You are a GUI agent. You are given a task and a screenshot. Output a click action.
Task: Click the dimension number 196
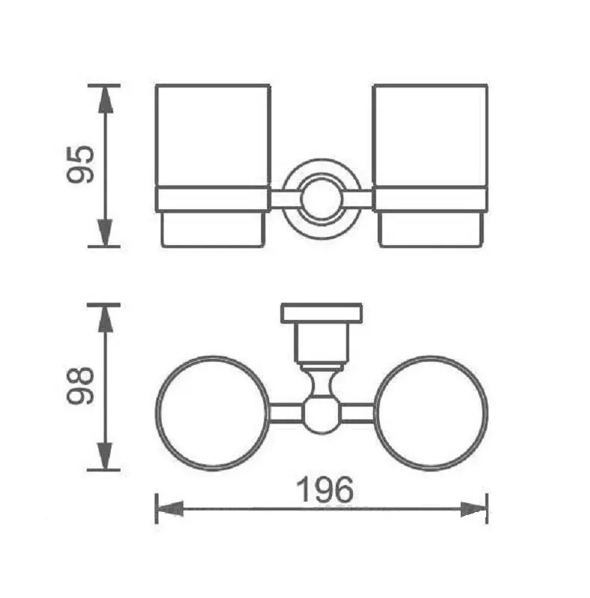325,490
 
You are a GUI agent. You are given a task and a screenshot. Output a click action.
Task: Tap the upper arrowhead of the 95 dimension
105,99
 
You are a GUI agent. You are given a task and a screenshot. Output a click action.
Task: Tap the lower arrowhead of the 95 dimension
105,232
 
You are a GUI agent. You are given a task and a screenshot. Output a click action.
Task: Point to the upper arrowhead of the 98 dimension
105,318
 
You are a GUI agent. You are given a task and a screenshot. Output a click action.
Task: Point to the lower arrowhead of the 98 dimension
105,456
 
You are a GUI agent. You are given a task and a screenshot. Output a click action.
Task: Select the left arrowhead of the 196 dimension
170,509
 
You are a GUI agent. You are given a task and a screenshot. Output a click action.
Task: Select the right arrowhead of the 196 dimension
473,509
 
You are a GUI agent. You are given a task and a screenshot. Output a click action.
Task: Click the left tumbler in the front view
213,165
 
